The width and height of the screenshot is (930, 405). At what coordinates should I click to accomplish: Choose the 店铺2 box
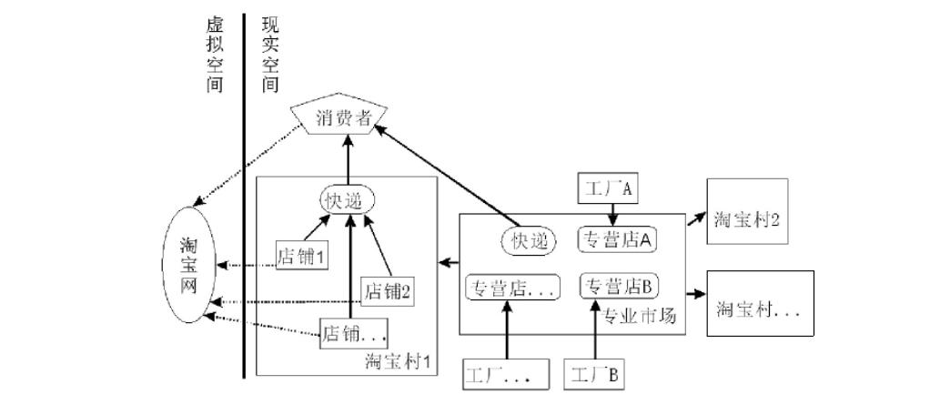[x=389, y=291]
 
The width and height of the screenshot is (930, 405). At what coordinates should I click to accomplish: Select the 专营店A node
[x=619, y=240]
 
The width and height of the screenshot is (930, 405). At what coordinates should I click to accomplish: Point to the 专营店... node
[x=511, y=288]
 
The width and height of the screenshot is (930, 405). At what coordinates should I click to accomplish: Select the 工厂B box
[x=594, y=374]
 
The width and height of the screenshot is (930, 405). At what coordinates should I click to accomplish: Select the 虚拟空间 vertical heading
[x=214, y=55]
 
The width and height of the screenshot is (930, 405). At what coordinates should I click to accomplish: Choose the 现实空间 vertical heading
[x=268, y=55]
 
